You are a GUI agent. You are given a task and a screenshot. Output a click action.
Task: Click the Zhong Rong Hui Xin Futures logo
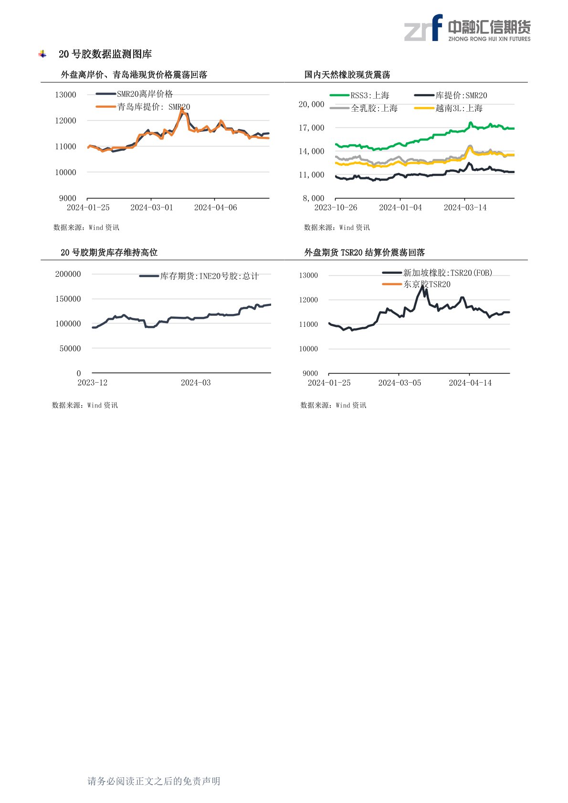467,28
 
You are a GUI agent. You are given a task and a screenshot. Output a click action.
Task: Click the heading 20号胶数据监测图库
105,54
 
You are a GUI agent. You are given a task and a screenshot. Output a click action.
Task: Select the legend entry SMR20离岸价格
135,94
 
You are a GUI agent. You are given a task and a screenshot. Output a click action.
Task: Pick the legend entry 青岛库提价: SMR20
143,107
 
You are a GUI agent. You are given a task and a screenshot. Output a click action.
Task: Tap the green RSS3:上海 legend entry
359,95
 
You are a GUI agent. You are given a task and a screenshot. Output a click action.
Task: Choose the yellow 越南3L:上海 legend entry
448,108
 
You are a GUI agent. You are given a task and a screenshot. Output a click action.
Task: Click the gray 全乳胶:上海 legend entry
364,108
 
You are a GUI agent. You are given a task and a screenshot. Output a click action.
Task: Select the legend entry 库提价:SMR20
451,95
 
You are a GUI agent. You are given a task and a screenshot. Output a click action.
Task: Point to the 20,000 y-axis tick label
311,104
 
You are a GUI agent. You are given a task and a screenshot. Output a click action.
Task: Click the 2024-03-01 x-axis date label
152,208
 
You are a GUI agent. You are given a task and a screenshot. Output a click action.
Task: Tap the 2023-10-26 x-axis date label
336,208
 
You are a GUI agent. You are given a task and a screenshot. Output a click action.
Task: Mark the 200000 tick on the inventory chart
68,274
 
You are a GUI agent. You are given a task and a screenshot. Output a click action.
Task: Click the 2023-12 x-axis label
93,383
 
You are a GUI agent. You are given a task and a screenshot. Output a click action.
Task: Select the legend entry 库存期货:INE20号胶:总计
199,276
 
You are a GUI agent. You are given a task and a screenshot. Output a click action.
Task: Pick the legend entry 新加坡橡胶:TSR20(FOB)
437,273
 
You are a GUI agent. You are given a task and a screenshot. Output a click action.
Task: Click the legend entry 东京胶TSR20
416,284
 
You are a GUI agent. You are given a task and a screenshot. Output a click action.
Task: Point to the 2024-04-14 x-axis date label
470,383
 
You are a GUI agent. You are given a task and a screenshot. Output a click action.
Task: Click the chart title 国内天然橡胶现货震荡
347,74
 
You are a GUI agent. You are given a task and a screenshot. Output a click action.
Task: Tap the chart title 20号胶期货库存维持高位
109,252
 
